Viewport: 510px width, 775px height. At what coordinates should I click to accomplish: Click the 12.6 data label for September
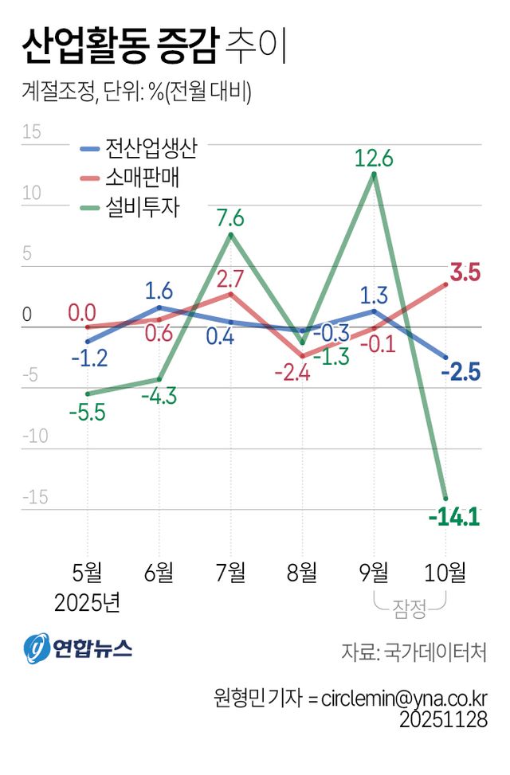tap(374, 158)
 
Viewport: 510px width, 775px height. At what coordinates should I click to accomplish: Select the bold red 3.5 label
tap(465, 273)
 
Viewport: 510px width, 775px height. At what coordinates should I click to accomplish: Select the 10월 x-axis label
tap(445, 571)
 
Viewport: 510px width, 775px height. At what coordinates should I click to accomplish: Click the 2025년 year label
tap(87, 602)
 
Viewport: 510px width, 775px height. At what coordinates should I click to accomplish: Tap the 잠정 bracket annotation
tap(410, 611)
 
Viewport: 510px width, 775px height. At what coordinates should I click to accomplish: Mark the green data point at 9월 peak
tap(374, 174)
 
